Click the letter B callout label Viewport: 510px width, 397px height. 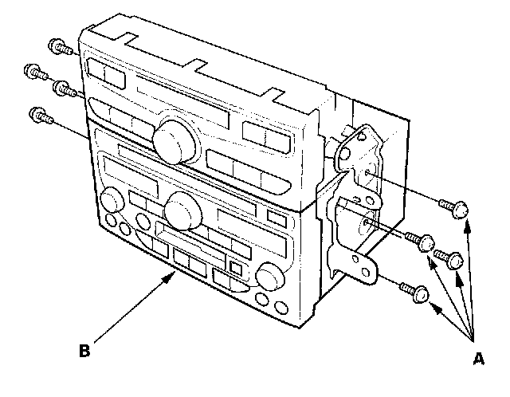coord(83,348)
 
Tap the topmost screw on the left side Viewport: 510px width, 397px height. coord(57,45)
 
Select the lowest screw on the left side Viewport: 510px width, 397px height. coord(37,116)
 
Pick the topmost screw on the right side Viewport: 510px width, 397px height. coord(456,209)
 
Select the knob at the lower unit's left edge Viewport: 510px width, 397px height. coord(110,198)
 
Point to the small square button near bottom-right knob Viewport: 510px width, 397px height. coord(237,268)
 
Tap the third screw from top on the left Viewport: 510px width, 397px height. coord(61,88)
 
